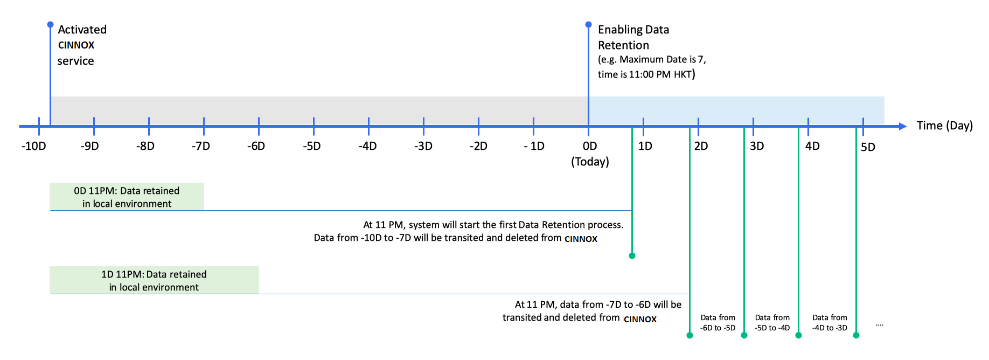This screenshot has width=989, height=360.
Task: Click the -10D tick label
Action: pyautogui.click(x=33, y=146)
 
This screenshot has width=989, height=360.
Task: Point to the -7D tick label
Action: pyautogui.click(x=201, y=146)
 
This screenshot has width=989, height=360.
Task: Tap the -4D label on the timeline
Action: pyautogui.click(x=367, y=146)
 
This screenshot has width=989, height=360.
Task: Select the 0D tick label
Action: pyautogui.click(x=590, y=146)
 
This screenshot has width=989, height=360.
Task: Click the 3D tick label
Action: pyautogui.click(x=757, y=146)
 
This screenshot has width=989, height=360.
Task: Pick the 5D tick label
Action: pyautogui.click(x=868, y=147)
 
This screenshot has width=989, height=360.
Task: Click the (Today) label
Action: pyautogui.click(x=590, y=162)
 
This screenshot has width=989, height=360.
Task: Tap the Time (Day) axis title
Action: pyautogui.click(x=945, y=126)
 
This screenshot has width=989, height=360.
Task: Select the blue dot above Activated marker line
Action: pyautogui.click(x=50, y=24)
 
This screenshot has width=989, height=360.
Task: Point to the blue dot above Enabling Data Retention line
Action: pyautogui.click(x=588, y=24)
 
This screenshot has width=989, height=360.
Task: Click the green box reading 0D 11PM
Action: pyautogui.click(x=127, y=197)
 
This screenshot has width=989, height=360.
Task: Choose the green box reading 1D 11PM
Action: pyautogui.click(x=154, y=280)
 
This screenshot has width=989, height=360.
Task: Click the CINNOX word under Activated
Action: pyautogui.click(x=76, y=45)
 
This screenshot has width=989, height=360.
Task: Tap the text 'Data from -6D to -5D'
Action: pyautogui.click(x=718, y=323)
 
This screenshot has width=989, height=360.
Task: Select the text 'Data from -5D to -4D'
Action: pyautogui.click(x=772, y=323)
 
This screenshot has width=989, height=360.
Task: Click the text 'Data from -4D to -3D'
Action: pyautogui.click(x=830, y=323)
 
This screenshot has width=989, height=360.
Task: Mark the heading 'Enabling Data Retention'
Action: pyautogui.click(x=633, y=37)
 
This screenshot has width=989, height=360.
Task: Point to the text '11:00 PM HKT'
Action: pyautogui.click(x=660, y=74)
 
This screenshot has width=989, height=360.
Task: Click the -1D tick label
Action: pyautogui.click(x=534, y=146)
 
